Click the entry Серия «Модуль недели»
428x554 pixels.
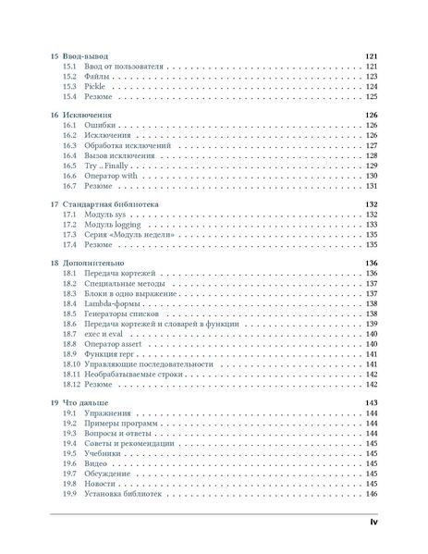pos(128,235)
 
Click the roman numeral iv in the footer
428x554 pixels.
pos(373,523)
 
